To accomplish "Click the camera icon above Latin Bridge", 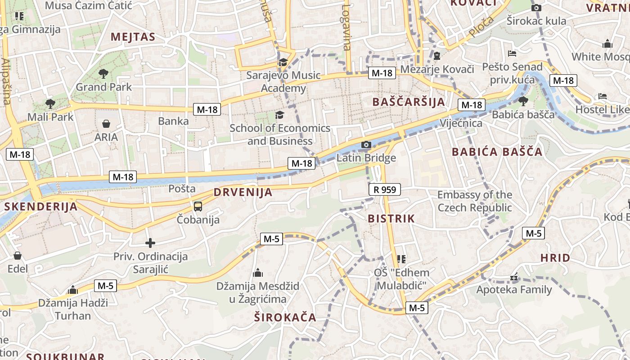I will click(366, 144).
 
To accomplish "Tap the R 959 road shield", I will click(385, 189).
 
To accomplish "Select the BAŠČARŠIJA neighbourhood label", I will click(409, 102).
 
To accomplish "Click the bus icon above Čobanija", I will click(198, 207).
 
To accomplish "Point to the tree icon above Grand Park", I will click(103, 73).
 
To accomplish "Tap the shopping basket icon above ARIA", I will click(106, 123).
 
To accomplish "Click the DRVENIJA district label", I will click(243, 192).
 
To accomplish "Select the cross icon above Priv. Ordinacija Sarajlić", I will click(150, 243).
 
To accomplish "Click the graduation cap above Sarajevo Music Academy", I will click(283, 62).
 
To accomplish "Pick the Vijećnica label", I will click(461, 123).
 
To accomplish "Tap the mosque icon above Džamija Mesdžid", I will click(258, 273).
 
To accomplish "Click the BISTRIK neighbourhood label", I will click(391, 219).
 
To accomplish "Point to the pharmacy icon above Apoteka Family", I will click(514, 277).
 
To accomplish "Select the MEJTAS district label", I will click(133, 37).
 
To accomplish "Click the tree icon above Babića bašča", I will click(523, 101).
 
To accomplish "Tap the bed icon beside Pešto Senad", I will click(512, 54).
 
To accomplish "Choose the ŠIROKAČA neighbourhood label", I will click(285, 317).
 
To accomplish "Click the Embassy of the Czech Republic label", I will click(475, 201).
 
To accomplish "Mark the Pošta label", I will click(182, 189).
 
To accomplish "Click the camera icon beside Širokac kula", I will click(536, 8).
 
